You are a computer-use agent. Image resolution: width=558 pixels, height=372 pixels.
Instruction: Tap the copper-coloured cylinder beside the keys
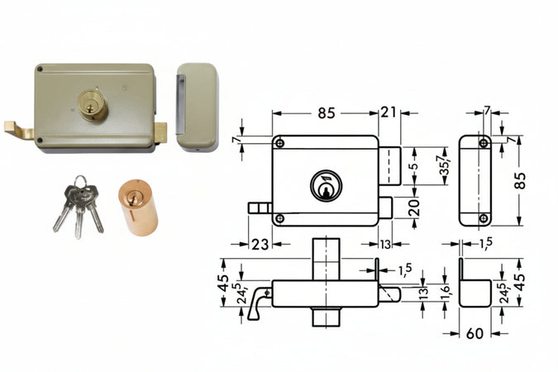point(137,207)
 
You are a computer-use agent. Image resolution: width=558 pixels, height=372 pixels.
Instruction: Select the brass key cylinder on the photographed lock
point(93,105)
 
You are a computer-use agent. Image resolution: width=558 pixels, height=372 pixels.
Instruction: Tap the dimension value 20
point(414,207)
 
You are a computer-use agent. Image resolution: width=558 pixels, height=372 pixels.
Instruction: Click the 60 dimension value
point(475,334)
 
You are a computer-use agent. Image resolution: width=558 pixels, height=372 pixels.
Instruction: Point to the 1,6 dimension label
point(445,292)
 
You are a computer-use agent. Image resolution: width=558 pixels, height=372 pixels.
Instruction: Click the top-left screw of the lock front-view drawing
point(279,144)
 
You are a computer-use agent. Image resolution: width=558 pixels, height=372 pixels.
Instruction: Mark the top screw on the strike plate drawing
point(484,142)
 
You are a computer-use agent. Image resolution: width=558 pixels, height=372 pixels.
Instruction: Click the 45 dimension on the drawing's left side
point(222,282)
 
